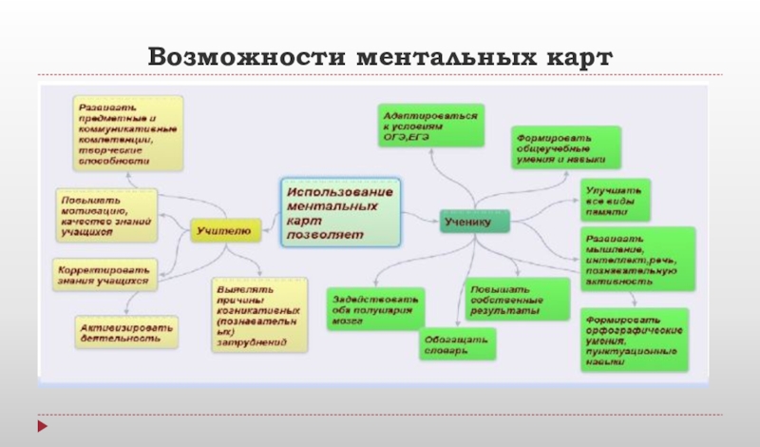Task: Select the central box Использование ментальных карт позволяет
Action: coord(340,212)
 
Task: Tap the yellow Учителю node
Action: coord(223,228)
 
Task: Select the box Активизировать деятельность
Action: coord(126,331)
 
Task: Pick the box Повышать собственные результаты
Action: coord(506,299)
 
